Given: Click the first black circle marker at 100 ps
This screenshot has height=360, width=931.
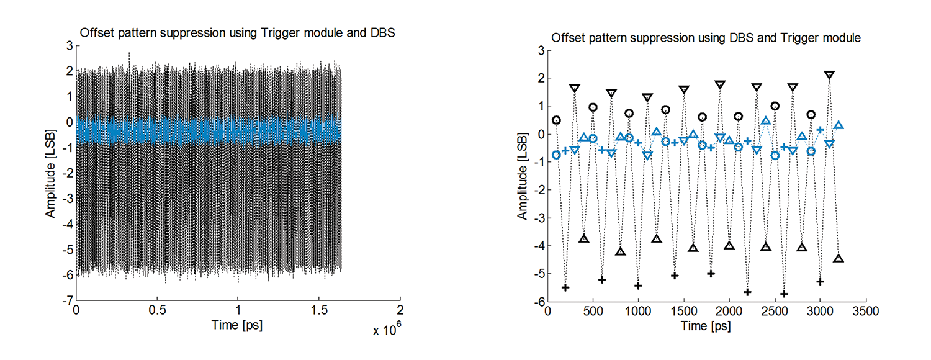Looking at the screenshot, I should point(557,120).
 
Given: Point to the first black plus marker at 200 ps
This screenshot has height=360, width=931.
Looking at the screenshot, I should point(565,287).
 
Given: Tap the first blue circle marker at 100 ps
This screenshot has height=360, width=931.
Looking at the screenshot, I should point(557,155).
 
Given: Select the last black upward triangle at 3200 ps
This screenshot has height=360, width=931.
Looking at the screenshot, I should point(838,259).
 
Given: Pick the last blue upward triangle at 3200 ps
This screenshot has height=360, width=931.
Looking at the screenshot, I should point(838,126).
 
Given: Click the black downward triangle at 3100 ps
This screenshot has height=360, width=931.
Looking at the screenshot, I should point(829,75).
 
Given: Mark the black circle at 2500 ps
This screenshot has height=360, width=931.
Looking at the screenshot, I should point(775,106).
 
